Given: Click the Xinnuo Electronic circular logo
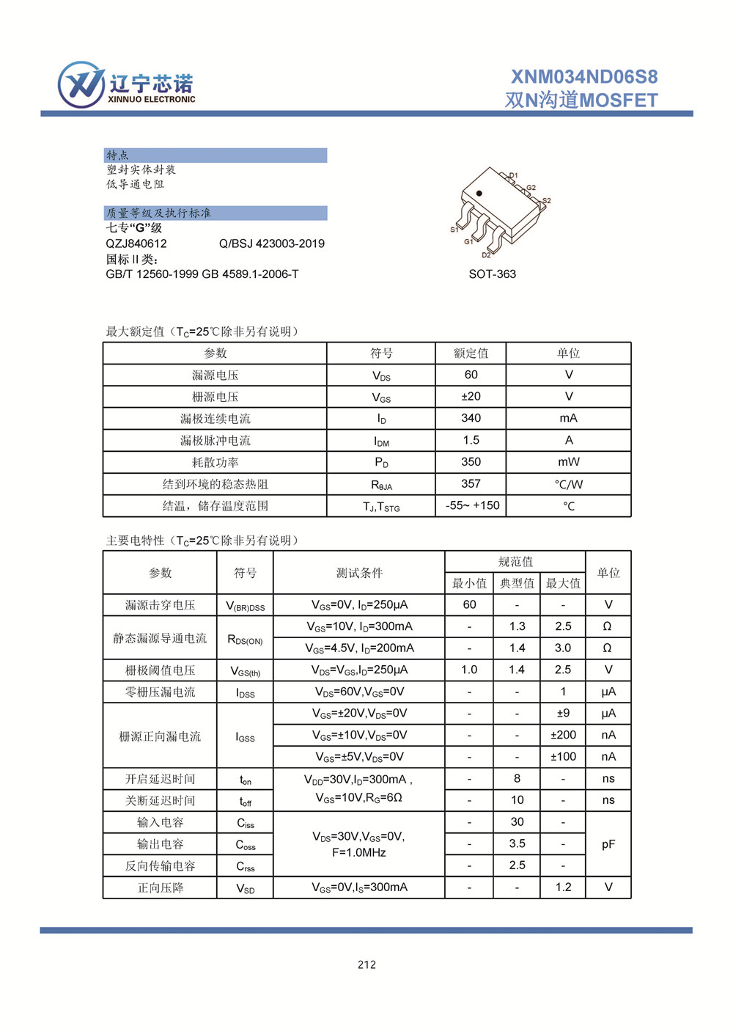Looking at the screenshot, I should [x=81, y=85].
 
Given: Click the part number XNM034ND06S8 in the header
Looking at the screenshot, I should [x=584, y=77].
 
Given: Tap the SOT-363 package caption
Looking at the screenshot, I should [x=492, y=274].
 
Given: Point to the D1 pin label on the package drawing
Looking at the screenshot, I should [x=513, y=175].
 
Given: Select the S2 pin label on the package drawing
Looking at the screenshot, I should [x=546, y=200].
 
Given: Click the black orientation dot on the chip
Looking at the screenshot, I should [x=479, y=194].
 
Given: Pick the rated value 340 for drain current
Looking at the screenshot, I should [x=471, y=418].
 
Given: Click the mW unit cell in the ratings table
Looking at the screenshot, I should [x=568, y=462].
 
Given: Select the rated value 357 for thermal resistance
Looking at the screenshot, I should [x=471, y=483].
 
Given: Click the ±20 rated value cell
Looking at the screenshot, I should [x=471, y=396].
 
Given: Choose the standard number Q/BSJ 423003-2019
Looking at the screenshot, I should [x=271, y=243].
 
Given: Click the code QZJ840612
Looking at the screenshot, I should [x=136, y=243].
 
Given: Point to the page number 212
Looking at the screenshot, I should [x=366, y=964].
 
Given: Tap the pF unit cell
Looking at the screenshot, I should [x=608, y=844].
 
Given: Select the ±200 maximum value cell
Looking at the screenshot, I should [x=563, y=735].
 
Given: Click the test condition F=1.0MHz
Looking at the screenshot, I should [x=358, y=852].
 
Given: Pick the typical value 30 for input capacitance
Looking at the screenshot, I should [x=517, y=822].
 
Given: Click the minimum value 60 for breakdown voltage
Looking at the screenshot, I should [x=469, y=604].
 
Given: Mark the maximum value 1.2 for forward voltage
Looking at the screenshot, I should [x=563, y=887].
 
